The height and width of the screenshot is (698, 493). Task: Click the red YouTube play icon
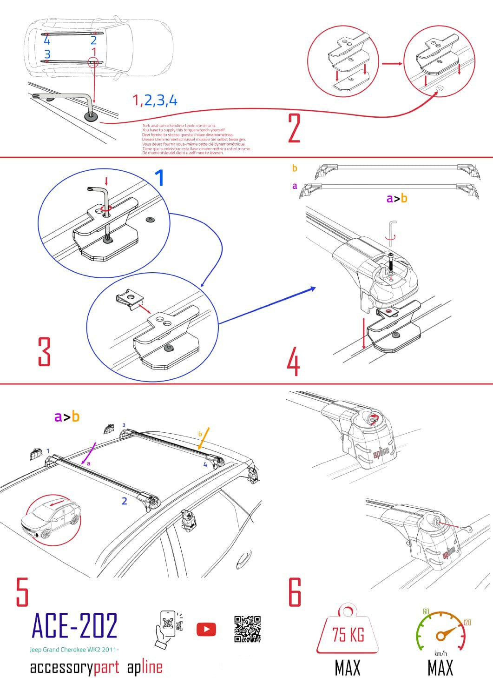pyautogui.click(x=206, y=630)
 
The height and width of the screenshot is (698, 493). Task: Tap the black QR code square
pyautogui.click(x=247, y=629)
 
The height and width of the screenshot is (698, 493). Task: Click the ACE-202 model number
pyautogui.click(x=75, y=626)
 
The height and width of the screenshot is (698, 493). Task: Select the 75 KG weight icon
pyautogui.click(x=348, y=631)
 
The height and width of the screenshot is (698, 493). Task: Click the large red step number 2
pyautogui.click(x=294, y=128)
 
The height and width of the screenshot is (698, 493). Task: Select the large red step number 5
pyautogui.click(x=22, y=592)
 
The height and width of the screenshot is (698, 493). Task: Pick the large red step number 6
pyautogui.click(x=295, y=592)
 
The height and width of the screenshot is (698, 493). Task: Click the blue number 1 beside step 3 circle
pyautogui.click(x=159, y=178)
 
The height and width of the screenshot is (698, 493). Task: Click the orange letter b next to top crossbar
pyautogui.click(x=295, y=168)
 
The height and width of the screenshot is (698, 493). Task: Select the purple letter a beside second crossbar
pyautogui.click(x=295, y=186)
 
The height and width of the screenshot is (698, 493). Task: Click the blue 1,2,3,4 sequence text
pyautogui.click(x=155, y=100)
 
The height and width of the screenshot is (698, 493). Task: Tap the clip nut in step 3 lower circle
pyautogui.click(x=130, y=297)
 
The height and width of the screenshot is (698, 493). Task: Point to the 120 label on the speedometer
pyautogui.click(x=467, y=623)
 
